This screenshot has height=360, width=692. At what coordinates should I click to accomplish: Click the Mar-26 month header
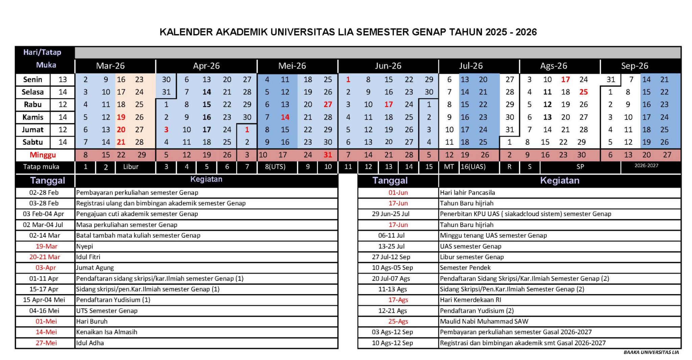pyautogui.click(x=110, y=66)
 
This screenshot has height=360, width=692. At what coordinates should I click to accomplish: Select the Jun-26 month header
pyautogui.click(x=388, y=66)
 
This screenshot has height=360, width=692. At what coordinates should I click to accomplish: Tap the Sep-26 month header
pyautogui.click(x=634, y=66)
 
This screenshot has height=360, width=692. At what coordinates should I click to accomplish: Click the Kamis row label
pyautogui.click(x=33, y=117)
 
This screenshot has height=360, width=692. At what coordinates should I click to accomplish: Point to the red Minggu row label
pyautogui.click(x=43, y=155)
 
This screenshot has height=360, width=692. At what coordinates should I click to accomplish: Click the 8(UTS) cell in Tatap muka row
pyautogui.click(x=275, y=167)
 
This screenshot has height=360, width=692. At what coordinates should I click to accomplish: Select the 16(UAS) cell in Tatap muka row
pyautogui.click(x=473, y=167)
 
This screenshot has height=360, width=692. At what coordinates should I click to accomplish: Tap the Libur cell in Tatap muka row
pyautogui.click(x=131, y=167)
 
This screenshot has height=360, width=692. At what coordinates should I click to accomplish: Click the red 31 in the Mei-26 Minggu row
pyautogui.click(x=328, y=155)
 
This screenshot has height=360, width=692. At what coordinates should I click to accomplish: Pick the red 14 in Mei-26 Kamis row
pyautogui.click(x=285, y=117)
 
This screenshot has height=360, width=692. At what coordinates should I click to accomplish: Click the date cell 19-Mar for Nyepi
pyautogui.click(x=46, y=246)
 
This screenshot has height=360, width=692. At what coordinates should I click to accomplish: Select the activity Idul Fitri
pyautogui.click(x=88, y=257)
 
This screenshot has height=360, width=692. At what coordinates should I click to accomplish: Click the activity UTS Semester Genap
pyautogui.click(x=107, y=311)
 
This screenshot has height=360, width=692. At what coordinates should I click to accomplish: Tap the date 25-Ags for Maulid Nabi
pyautogui.click(x=398, y=321)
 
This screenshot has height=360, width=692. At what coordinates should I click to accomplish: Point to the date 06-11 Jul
pyautogui.click(x=391, y=236)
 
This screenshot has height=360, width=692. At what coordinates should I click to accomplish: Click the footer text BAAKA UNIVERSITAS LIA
pyautogui.click(x=651, y=352)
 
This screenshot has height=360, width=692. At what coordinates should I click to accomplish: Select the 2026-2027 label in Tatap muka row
pyautogui.click(x=646, y=166)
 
